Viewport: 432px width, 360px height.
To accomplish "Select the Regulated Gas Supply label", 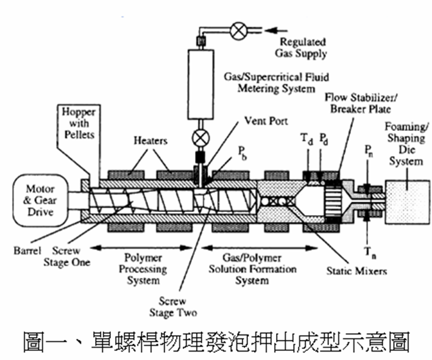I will tap(302, 47).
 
